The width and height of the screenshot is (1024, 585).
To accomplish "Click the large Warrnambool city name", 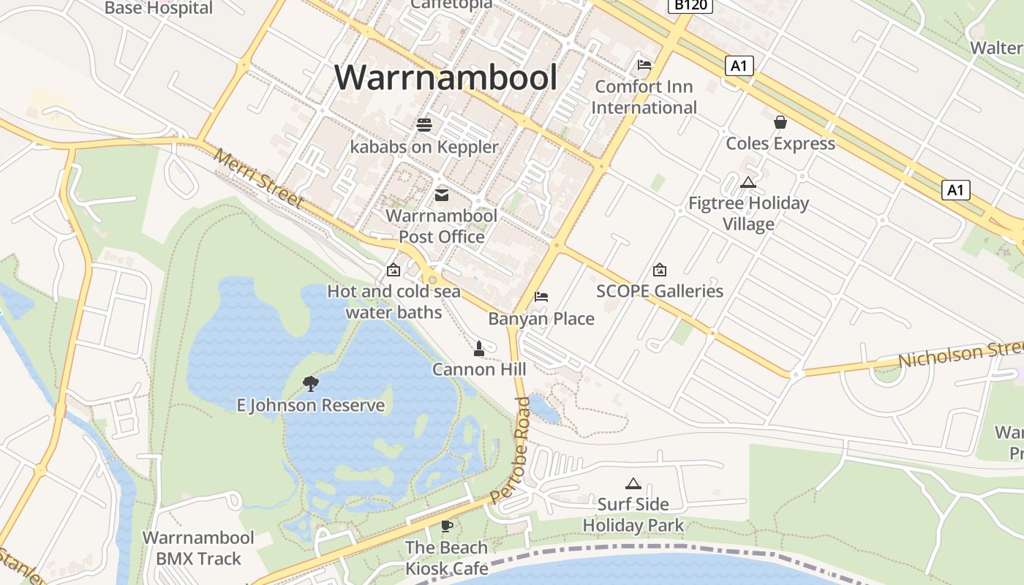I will pyautogui.click(x=446, y=78).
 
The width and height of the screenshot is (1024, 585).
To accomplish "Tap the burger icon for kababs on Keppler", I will pyautogui.click(x=424, y=124).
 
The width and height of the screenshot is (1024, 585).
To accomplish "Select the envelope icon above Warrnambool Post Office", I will pyautogui.click(x=442, y=195).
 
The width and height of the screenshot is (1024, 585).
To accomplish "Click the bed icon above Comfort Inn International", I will pyautogui.click(x=644, y=65).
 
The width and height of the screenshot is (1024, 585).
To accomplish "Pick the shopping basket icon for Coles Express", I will pyautogui.click(x=780, y=122).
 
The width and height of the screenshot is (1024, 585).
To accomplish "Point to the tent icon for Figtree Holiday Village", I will pyautogui.click(x=748, y=182).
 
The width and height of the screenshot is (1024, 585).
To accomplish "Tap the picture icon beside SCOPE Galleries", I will pyautogui.click(x=659, y=270).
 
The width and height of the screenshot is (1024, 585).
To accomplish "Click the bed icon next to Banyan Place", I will pyautogui.click(x=541, y=297).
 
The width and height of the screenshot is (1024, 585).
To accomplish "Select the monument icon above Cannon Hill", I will pyautogui.click(x=479, y=348).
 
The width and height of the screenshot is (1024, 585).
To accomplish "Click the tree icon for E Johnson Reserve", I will pyautogui.click(x=311, y=383).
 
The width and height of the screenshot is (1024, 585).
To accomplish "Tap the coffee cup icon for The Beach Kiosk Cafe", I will pyautogui.click(x=446, y=526).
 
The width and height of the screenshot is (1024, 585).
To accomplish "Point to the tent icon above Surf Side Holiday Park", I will pyautogui.click(x=633, y=483).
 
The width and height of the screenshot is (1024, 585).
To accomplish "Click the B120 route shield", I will pyautogui.click(x=690, y=5).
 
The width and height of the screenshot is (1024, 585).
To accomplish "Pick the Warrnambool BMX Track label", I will pyautogui.click(x=198, y=548).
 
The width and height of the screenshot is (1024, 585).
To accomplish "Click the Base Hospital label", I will pyautogui.click(x=159, y=8).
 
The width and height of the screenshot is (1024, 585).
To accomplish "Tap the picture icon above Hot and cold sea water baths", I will pyautogui.click(x=394, y=270).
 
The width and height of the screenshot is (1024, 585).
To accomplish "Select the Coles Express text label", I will pyautogui.click(x=780, y=143).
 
